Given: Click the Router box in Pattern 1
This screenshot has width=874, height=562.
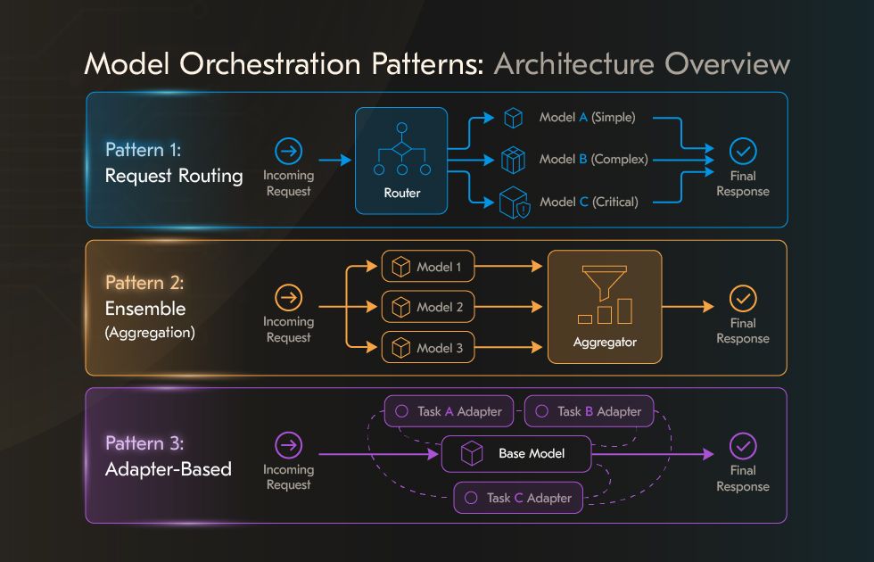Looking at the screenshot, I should click(401, 161).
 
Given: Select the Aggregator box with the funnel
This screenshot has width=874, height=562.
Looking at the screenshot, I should click(605, 306).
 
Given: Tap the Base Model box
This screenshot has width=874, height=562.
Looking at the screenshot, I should click(516, 454).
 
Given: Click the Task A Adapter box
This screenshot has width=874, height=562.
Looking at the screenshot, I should click(449, 411).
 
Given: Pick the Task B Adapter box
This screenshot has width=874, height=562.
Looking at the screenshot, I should click(589, 411).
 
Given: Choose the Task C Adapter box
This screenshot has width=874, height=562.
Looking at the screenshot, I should click(518, 498).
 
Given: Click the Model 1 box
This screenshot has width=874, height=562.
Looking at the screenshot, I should click(428, 267).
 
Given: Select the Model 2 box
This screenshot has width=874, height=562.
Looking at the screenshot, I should click(428, 307).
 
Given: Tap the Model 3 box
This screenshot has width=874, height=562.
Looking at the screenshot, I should click(428, 348).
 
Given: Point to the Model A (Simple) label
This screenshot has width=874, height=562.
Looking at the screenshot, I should click(587, 118).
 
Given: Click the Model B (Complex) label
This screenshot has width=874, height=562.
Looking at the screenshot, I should click(593, 160).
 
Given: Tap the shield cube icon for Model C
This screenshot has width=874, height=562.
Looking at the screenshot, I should click(513, 202).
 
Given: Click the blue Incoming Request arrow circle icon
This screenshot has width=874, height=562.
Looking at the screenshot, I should click(289, 151).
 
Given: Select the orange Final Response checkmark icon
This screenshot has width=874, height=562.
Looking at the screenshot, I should click(742, 297).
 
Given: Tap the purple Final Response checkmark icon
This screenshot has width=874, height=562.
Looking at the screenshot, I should click(742, 445).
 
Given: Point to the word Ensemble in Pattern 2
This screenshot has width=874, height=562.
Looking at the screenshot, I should click(145, 309).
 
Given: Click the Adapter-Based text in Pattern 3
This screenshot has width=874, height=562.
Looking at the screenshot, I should click(168, 468).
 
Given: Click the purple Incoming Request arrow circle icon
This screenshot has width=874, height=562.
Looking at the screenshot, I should click(289, 444).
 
